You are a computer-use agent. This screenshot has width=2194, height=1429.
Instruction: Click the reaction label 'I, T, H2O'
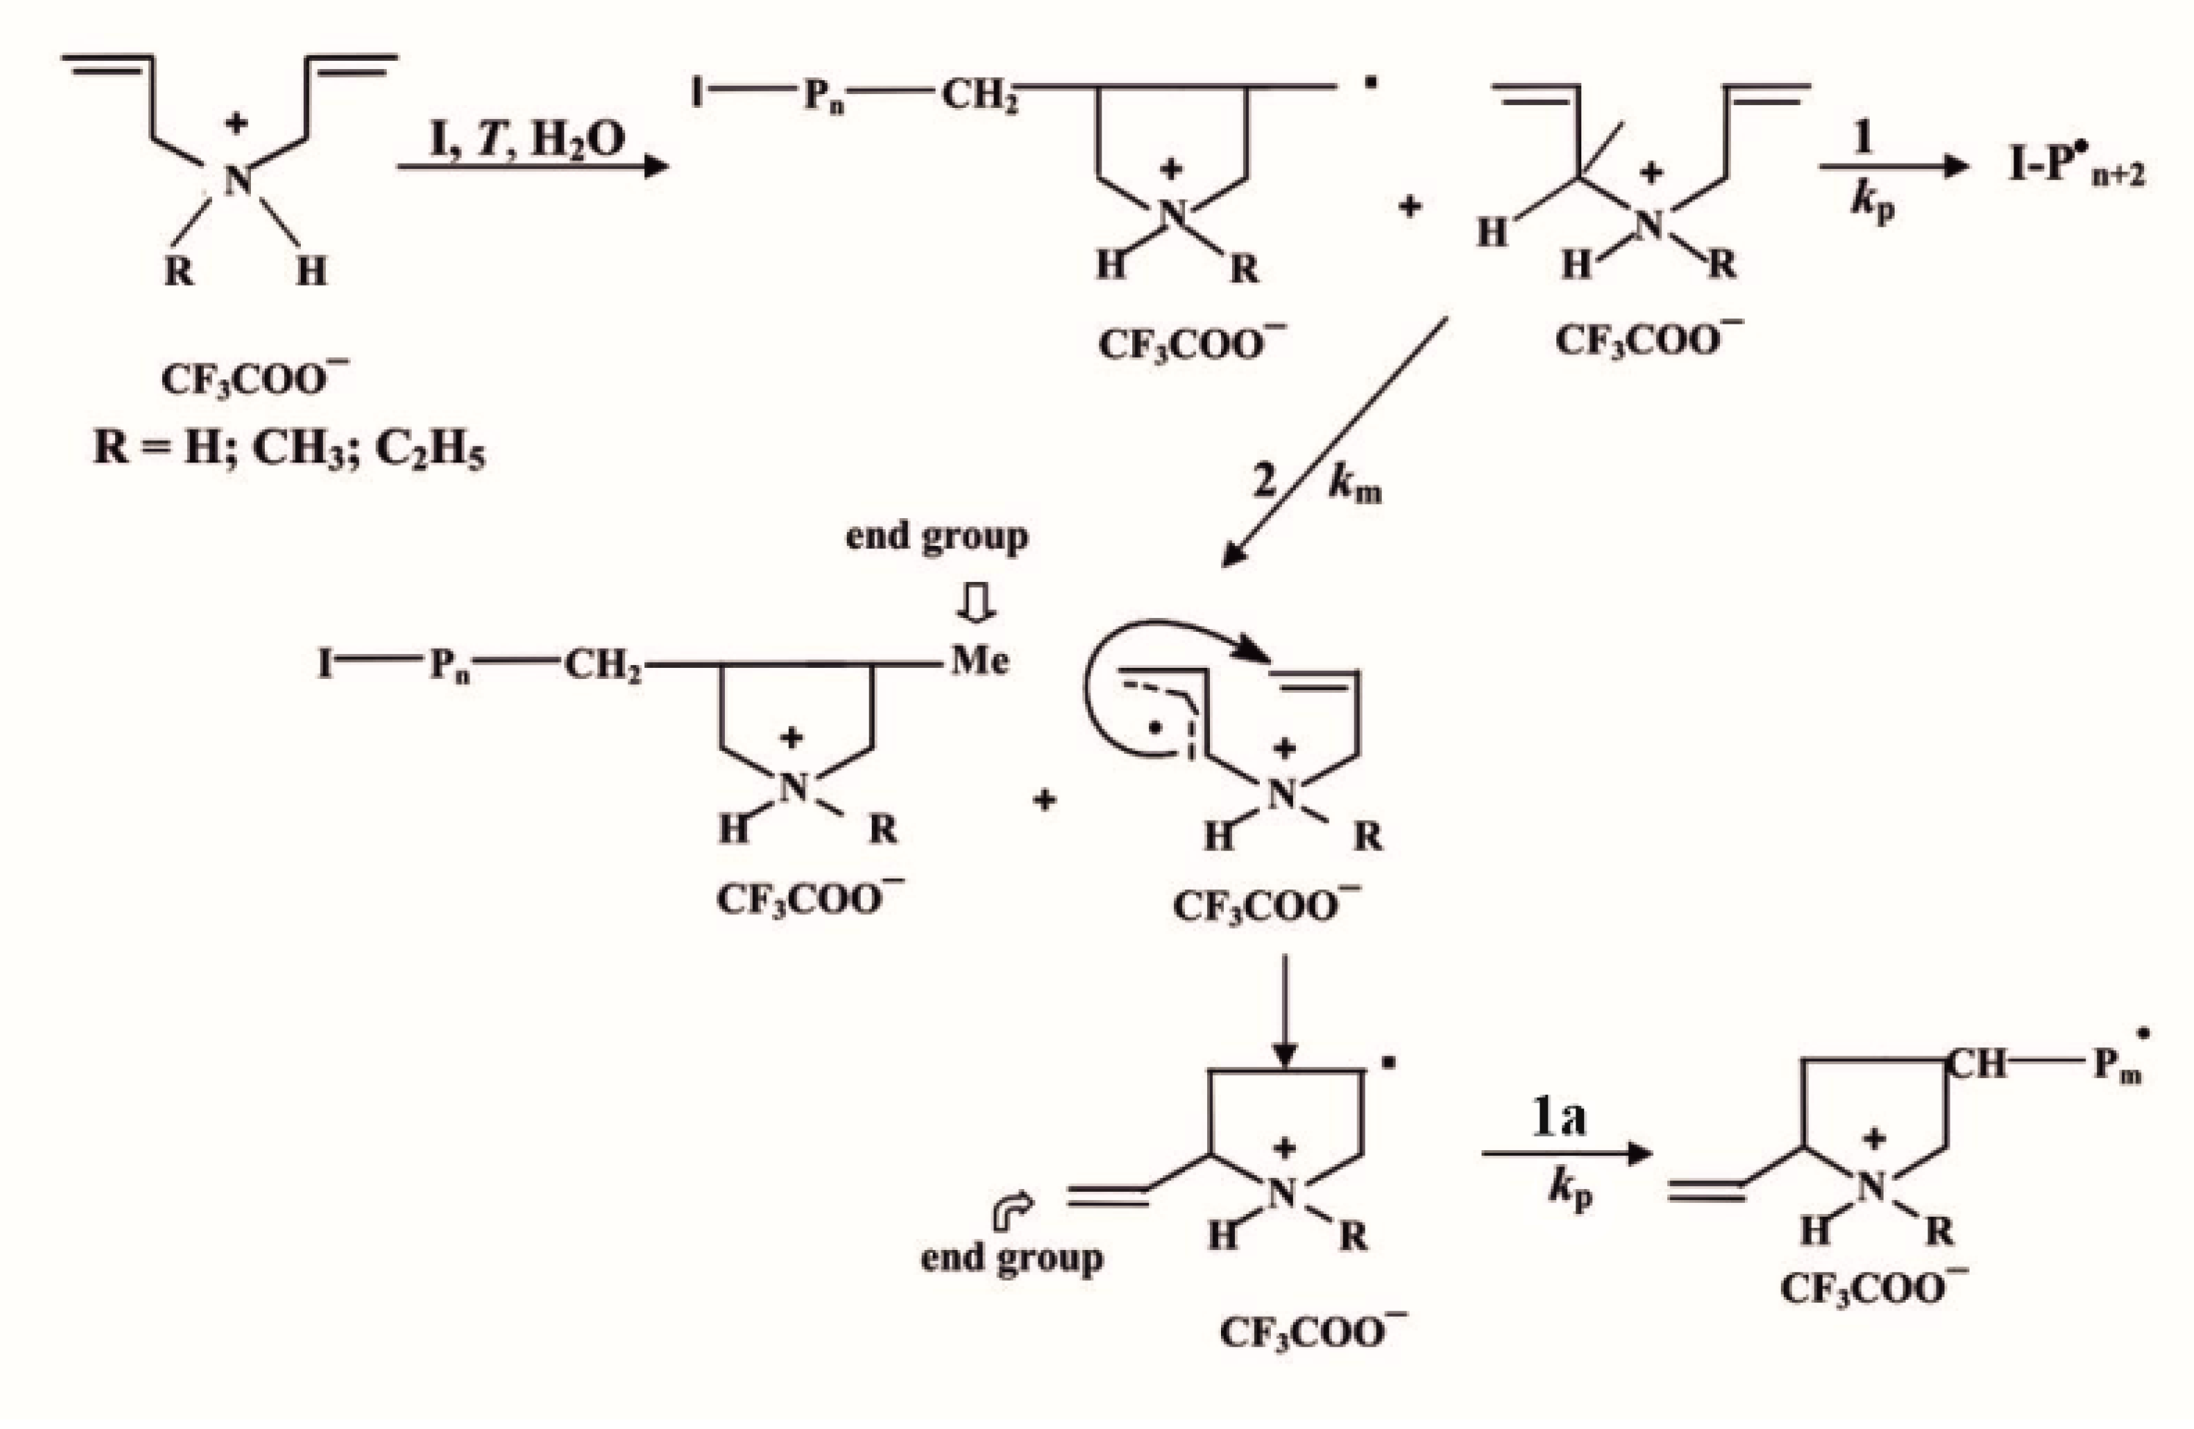(x=528, y=140)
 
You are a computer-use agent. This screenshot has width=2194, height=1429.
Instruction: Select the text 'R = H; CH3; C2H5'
(x=288, y=450)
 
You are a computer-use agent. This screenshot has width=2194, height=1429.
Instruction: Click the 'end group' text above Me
(x=936, y=537)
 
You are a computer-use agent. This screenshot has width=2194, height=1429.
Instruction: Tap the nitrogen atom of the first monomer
(x=237, y=181)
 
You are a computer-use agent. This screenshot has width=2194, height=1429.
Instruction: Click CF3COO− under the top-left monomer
(x=255, y=379)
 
